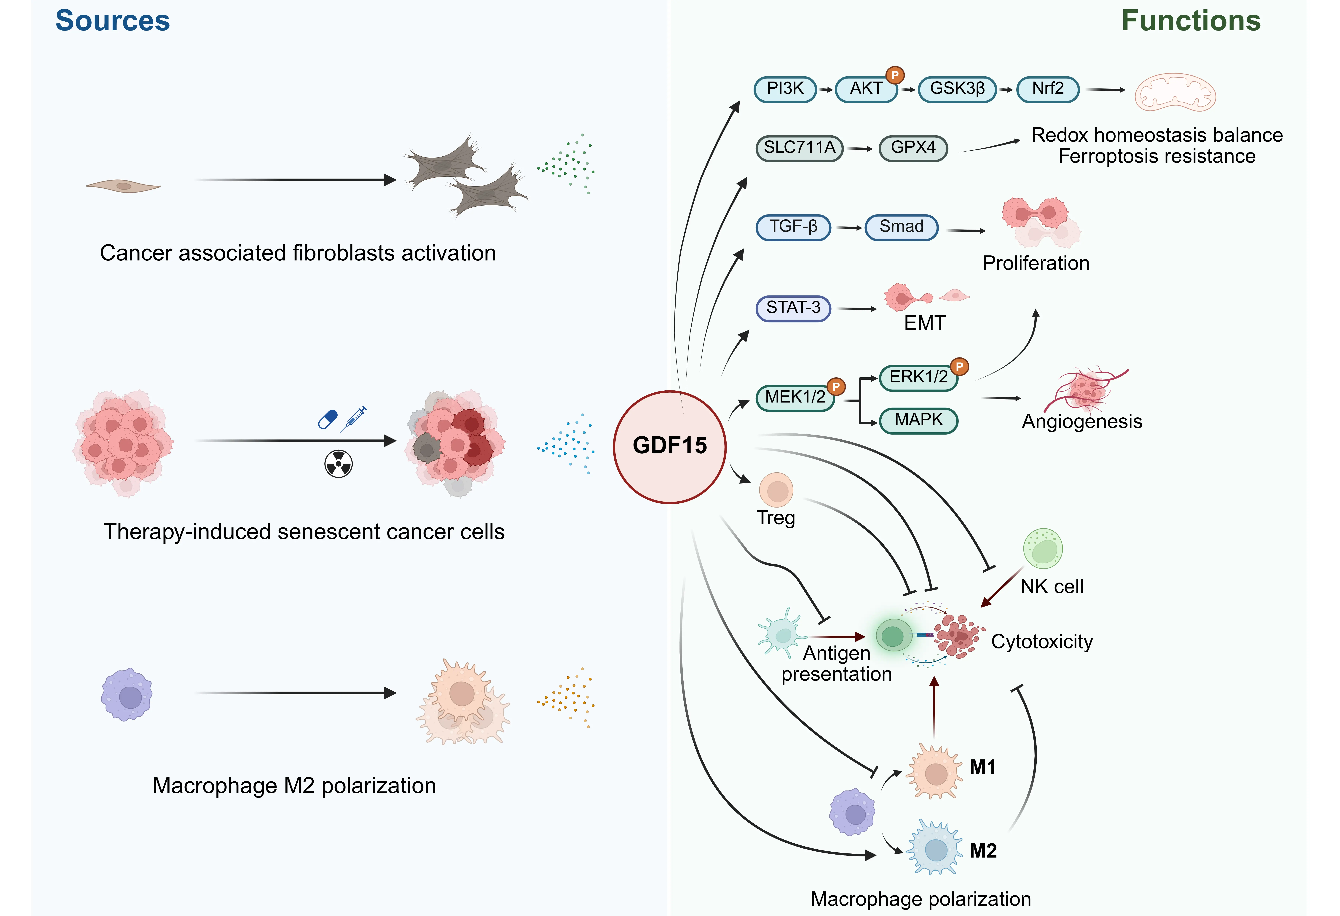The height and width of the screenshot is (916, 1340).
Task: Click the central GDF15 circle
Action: [669, 446]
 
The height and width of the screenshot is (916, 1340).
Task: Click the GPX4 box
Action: [913, 148]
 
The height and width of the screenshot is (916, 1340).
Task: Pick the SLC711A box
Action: [799, 148]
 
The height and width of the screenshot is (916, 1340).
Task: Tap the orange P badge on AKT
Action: [895, 75]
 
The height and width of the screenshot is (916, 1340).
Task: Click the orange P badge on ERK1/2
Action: [959, 366]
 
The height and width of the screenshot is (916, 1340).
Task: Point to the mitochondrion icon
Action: [1175, 92]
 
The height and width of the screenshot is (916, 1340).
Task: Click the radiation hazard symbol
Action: [339, 464]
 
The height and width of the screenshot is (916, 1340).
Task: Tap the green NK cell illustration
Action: [1043, 548]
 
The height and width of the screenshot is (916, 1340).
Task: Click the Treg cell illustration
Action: [776, 490]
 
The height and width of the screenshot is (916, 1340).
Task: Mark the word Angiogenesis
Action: [1082, 422]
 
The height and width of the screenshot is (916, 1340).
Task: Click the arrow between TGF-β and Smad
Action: [849, 228]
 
